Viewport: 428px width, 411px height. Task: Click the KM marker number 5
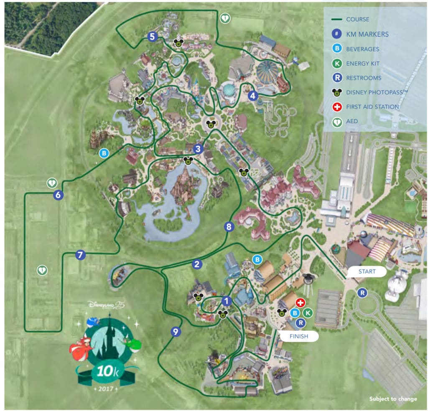(x=152, y=37)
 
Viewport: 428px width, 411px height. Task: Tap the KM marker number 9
(x=176, y=332)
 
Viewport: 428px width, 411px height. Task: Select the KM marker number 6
(x=59, y=195)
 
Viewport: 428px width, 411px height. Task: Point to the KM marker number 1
(x=227, y=300)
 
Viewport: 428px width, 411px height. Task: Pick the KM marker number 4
(x=252, y=96)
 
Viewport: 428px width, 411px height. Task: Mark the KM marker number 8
(x=228, y=227)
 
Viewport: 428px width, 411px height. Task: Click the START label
(x=367, y=271)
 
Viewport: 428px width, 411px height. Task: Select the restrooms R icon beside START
(x=362, y=293)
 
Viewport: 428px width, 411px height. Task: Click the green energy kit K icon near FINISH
(x=308, y=312)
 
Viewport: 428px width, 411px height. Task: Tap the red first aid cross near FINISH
(x=300, y=303)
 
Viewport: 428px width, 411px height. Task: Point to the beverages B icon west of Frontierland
(x=104, y=153)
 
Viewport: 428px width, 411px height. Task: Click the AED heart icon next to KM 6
(x=51, y=183)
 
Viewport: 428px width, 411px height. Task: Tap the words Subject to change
(x=393, y=399)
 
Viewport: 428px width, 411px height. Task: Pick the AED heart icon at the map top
(x=225, y=18)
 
